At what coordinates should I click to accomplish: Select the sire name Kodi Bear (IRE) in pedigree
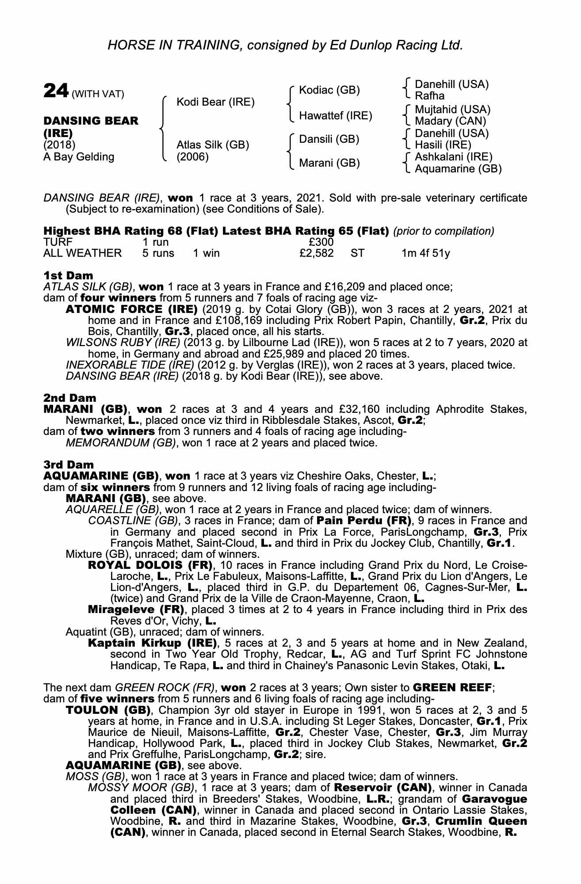pos(215,102)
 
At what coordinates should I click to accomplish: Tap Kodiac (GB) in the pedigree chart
pos(329,90)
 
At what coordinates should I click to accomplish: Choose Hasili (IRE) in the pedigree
pos(443,145)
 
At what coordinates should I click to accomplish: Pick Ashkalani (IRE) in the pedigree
pos(453,156)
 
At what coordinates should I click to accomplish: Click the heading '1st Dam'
pos(68,276)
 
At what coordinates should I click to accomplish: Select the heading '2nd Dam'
pos(70,398)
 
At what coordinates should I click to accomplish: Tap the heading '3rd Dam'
pos(69,465)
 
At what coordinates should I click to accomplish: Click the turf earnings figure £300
pos(321,242)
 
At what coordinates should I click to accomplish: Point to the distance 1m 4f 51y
pos(425,253)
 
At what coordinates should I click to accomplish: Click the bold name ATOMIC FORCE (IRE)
pos(131,309)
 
